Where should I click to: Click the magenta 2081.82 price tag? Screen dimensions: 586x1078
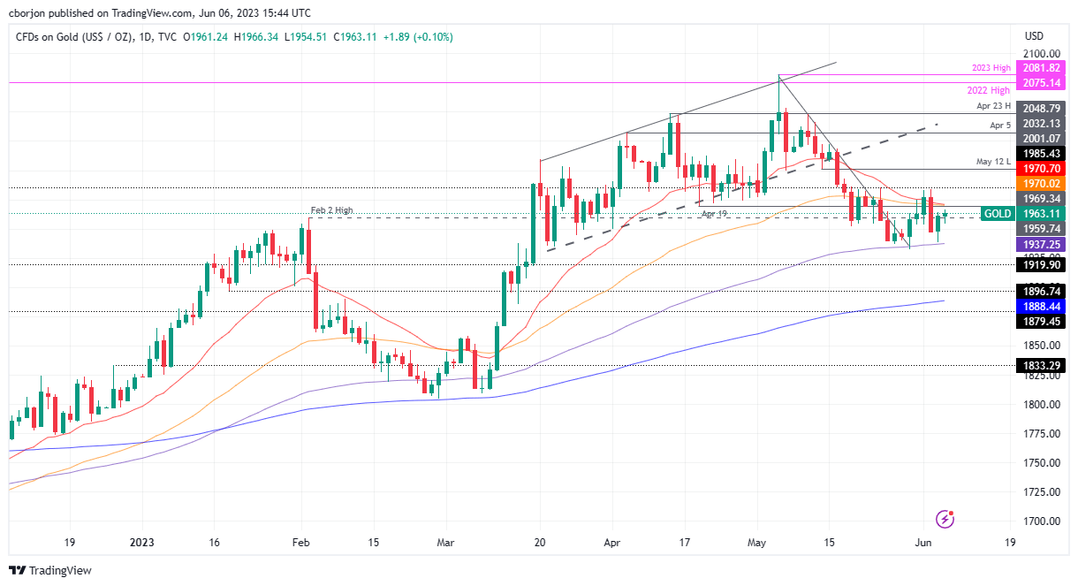pyautogui.click(x=1041, y=68)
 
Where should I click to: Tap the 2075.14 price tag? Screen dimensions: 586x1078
pyautogui.click(x=1041, y=82)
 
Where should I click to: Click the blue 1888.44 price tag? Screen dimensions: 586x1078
pyautogui.click(x=1041, y=306)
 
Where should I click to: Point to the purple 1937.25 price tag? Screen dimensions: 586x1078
pyautogui.click(x=1041, y=244)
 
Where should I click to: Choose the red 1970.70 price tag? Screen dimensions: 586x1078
pyautogui.click(x=1041, y=168)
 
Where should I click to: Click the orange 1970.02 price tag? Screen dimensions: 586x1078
pyautogui.click(x=1041, y=183)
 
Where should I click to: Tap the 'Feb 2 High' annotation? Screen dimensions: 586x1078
pyautogui.click(x=331, y=210)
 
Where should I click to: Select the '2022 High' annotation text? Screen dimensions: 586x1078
pyautogui.click(x=988, y=90)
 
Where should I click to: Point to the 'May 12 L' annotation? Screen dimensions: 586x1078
pyautogui.click(x=993, y=162)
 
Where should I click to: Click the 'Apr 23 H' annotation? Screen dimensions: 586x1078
pyautogui.click(x=993, y=106)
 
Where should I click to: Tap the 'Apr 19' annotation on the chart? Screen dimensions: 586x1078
pyautogui.click(x=714, y=214)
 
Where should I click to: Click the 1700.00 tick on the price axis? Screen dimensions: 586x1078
pyautogui.click(x=1041, y=521)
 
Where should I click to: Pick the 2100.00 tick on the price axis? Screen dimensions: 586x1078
pyautogui.click(x=1041, y=54)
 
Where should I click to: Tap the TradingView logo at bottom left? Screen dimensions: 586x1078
pyautogui.click(x=50, y=571)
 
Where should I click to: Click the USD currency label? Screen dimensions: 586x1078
pyautogui.click(x=1033, y=36)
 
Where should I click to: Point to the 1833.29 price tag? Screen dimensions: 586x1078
pyautogui.click(x=1041, y=364)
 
